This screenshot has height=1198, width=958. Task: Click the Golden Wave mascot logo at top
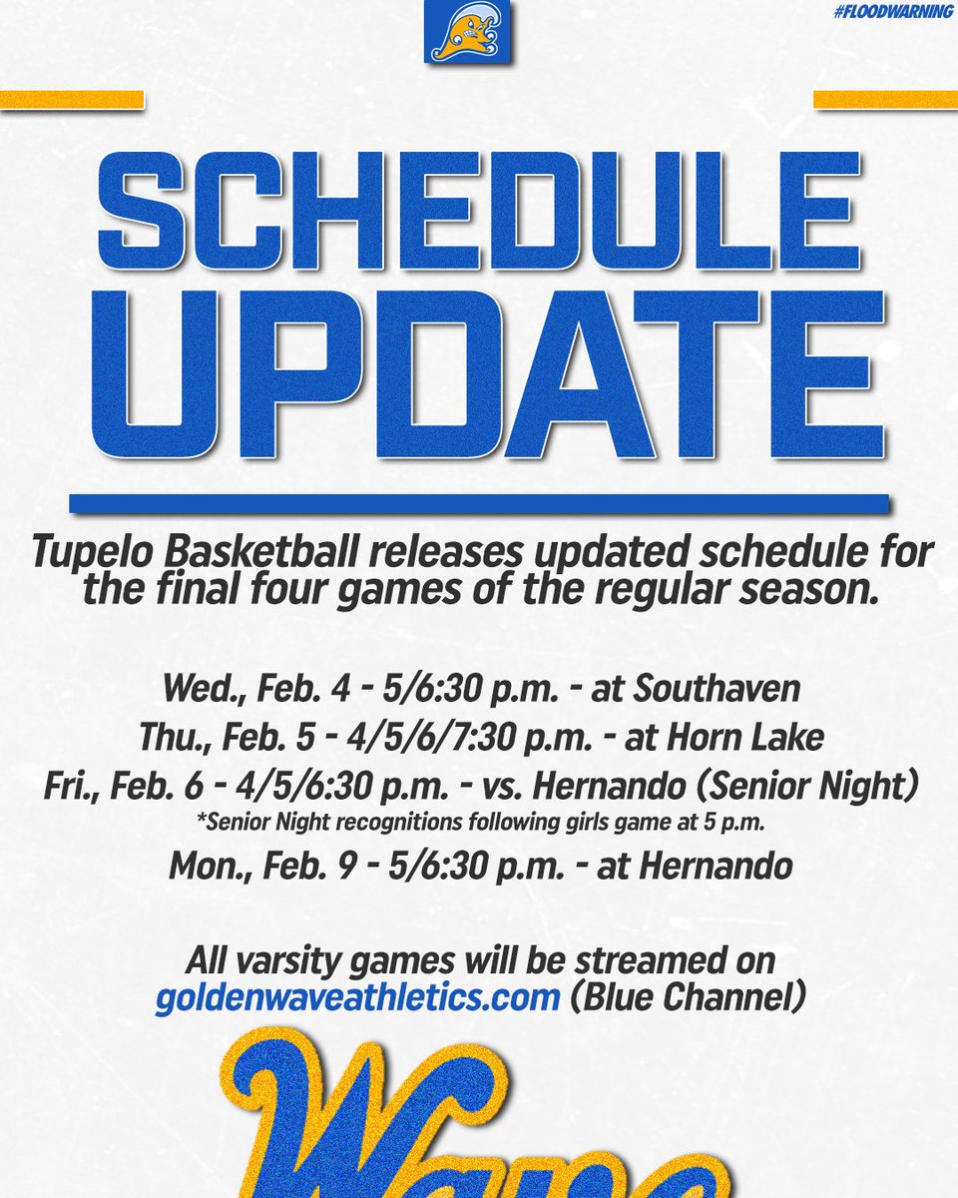(x=466, y=32)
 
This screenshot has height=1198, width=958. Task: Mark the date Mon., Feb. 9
(x=240, y=865)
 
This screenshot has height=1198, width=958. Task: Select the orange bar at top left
(x=72, y=100)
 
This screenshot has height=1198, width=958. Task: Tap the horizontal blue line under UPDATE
(x=478, y=504)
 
